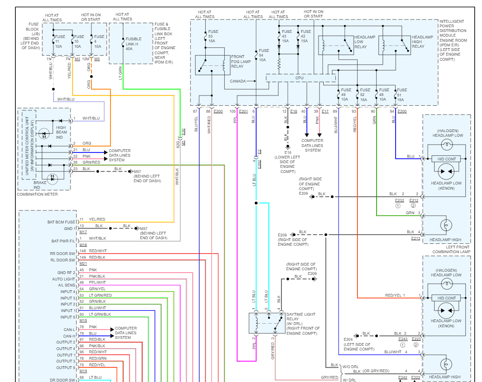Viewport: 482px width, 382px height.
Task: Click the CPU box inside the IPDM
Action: (x=300, y=78)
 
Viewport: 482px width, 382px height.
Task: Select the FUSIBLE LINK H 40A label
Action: (x=133, y=44)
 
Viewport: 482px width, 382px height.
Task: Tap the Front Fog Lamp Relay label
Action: (x=241, y=61)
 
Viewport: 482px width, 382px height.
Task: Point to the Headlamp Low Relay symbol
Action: (x=336, y=45)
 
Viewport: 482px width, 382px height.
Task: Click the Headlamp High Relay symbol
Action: (x=395, y=45)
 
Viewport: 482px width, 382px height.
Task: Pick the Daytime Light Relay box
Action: (x=267, y=323)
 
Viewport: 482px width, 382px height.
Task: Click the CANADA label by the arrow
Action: (x=238, y=81)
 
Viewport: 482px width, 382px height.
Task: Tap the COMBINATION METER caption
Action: (x=37, y=194)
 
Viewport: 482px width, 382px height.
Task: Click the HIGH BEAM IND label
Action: (x=61, y=132)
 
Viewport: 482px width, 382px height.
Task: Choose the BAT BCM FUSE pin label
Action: (x=61, y=222)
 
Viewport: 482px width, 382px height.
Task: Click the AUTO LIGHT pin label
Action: (x=63, y=279)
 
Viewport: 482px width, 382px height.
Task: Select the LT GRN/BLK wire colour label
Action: (x=100, y=314)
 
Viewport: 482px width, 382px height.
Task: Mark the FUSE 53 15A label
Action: (x=213, y=36)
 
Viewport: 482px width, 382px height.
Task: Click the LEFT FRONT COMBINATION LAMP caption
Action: (x=451, y=249)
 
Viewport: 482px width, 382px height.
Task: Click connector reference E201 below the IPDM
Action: (x=243, y=111)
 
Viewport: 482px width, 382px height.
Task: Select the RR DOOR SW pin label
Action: (x=62, y=254)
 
